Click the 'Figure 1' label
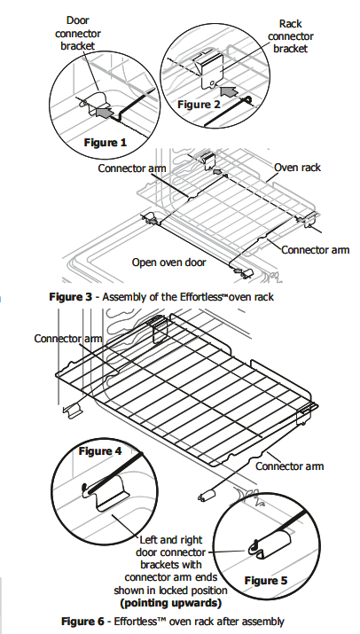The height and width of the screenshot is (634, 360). click(x=106, y=143)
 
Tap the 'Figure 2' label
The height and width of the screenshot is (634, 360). click(x=199, y=105)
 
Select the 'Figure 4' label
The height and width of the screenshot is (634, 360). click(x=100, y=450)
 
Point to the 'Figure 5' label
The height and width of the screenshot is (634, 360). click(x=266, y=581)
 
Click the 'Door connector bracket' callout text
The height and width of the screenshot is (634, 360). click(x=78, y=33)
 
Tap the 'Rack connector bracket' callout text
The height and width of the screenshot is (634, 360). click(x=291, y=36)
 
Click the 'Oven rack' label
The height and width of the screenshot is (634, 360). click(x=297, y=168)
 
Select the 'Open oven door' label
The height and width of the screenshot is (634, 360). click(x=168, y=262)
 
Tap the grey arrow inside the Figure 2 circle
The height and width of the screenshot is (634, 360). click(x=230, y=91)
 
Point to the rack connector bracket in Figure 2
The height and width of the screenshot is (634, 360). click(x=212, y=69)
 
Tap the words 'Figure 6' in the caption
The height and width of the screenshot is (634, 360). click(x=82, y=621)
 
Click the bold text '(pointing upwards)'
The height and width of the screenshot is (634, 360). click(x=171, y=603)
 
